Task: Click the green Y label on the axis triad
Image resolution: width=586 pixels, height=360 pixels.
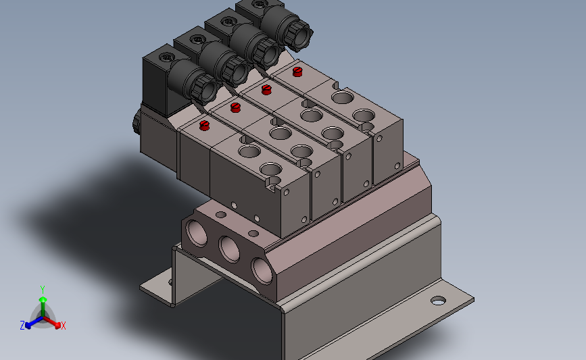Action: (43, 290)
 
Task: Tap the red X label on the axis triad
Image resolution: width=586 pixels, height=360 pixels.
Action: (63, 326)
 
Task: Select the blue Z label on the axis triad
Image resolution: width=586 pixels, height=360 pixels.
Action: (22, 326)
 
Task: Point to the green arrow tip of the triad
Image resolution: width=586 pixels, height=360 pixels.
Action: (43, 299)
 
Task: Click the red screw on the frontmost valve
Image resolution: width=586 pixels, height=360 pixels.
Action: (204, 126)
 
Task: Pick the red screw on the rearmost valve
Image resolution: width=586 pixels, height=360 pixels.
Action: (297, 72)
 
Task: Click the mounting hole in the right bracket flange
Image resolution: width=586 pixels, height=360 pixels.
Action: (438, 301)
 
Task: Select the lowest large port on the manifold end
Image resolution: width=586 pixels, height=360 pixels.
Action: (262, 270)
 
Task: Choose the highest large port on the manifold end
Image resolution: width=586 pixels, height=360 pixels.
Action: (197, 233)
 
